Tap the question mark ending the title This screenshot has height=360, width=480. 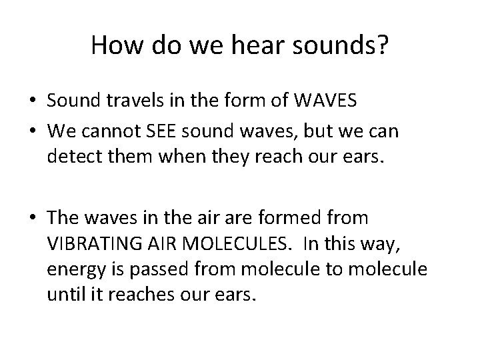pyautogui.click(x=383, y=45)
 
